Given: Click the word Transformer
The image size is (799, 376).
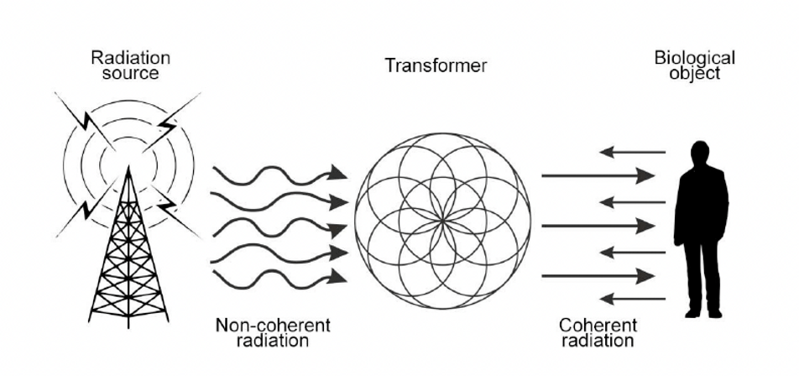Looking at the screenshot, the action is pos(436,66).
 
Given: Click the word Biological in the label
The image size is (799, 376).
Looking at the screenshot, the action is pos(695,58).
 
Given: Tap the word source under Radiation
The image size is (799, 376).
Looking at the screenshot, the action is pos(131,73).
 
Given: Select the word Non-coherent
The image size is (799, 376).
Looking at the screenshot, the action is pos(273,325).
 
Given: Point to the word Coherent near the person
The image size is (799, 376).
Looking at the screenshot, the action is pos(598,325).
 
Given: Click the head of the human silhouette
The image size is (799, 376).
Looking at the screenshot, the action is pos(700,154).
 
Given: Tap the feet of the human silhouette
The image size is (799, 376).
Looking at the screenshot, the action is pos(703,313).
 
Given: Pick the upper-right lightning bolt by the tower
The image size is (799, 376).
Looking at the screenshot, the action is pos(170,123).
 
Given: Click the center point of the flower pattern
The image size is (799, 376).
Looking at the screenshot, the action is pos(442,221).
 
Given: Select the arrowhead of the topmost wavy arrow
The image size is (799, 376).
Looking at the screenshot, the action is pos(337,173).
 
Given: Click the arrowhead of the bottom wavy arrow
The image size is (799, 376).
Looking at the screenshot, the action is pos(337,278).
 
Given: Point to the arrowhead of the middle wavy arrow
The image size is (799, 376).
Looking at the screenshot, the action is pos(337,228).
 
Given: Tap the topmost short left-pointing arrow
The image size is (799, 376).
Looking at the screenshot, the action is pos(632,152).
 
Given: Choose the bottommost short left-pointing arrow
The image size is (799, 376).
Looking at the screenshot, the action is pos(632,298).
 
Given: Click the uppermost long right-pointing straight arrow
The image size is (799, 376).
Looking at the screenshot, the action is pos(598,175).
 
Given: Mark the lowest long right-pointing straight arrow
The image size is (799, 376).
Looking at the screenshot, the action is pos(598,276).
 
